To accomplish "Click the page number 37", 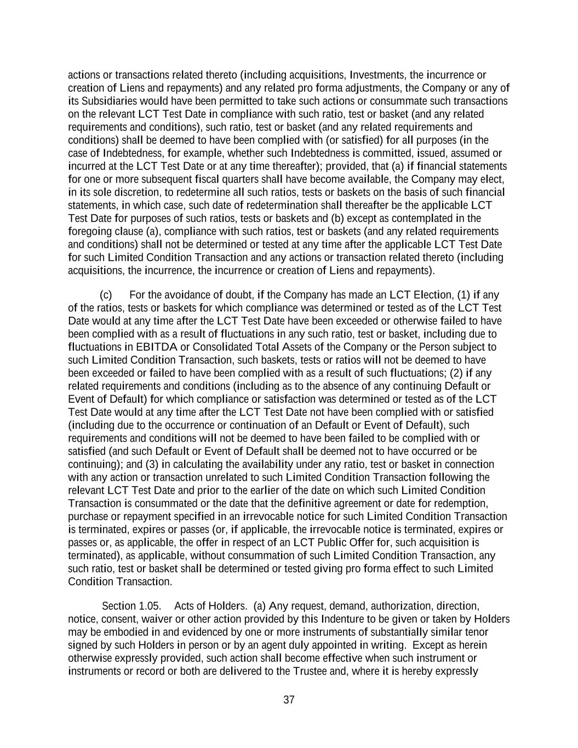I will (x=289, y=700).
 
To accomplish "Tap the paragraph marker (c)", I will (x=106, y=295).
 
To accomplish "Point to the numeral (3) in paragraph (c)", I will (x=152, y=465).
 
